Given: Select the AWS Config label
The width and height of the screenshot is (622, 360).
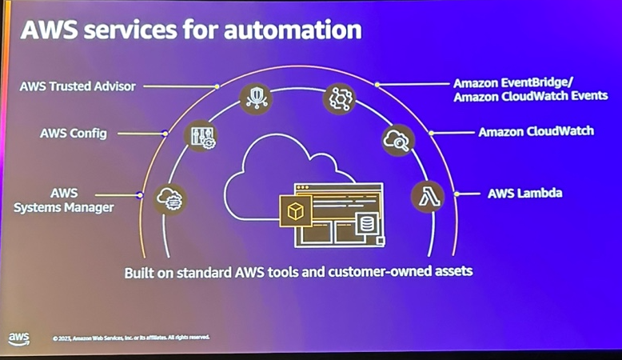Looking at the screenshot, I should (73, 133).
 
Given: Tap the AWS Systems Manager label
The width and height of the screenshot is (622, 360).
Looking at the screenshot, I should (64, 200).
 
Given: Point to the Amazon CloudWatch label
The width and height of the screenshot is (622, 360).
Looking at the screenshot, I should (536, 131).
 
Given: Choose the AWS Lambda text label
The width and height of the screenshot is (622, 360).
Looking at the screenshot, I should (524, 193).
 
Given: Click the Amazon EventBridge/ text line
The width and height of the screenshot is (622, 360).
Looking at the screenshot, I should (519, 82).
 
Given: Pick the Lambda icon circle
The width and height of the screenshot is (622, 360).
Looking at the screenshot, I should (427, 197).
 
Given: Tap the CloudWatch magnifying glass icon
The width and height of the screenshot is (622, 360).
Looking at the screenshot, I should (397, 140).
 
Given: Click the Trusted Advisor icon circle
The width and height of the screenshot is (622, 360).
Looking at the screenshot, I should (256, 98).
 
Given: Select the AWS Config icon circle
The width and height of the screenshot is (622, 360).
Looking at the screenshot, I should (200, 136).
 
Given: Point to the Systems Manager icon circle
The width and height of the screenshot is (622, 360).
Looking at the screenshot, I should (170, 198).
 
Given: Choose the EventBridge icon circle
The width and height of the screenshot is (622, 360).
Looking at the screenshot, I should (338, 98).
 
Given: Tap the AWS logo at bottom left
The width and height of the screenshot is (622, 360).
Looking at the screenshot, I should (19, 338).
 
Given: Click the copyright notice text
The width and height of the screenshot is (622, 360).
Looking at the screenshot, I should (130, 338).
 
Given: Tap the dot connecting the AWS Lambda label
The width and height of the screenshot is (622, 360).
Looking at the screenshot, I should (457, 194).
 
